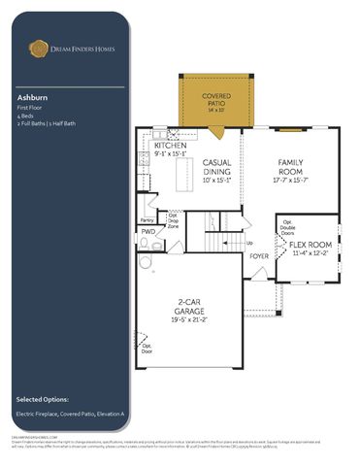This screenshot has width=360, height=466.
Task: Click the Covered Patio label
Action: (x=215, y=97)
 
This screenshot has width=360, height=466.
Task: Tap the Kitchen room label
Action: (x=162, y=145)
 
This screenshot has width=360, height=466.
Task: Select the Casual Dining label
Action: (x=215, y=167)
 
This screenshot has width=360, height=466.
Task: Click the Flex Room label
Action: (x=311, y=245)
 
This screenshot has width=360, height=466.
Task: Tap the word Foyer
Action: (x=259, y=256)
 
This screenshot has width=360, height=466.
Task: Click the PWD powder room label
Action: (x=147, y=232)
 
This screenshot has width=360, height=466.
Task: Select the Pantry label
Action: (x=147, y=219)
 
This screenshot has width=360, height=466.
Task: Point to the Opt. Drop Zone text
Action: (x=173, y=219)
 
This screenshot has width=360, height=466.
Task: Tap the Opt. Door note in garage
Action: (x=147, y=347)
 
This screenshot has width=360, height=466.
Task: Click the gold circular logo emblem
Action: (x=39, y=46)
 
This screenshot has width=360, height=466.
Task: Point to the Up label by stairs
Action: (x=249, y=243)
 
